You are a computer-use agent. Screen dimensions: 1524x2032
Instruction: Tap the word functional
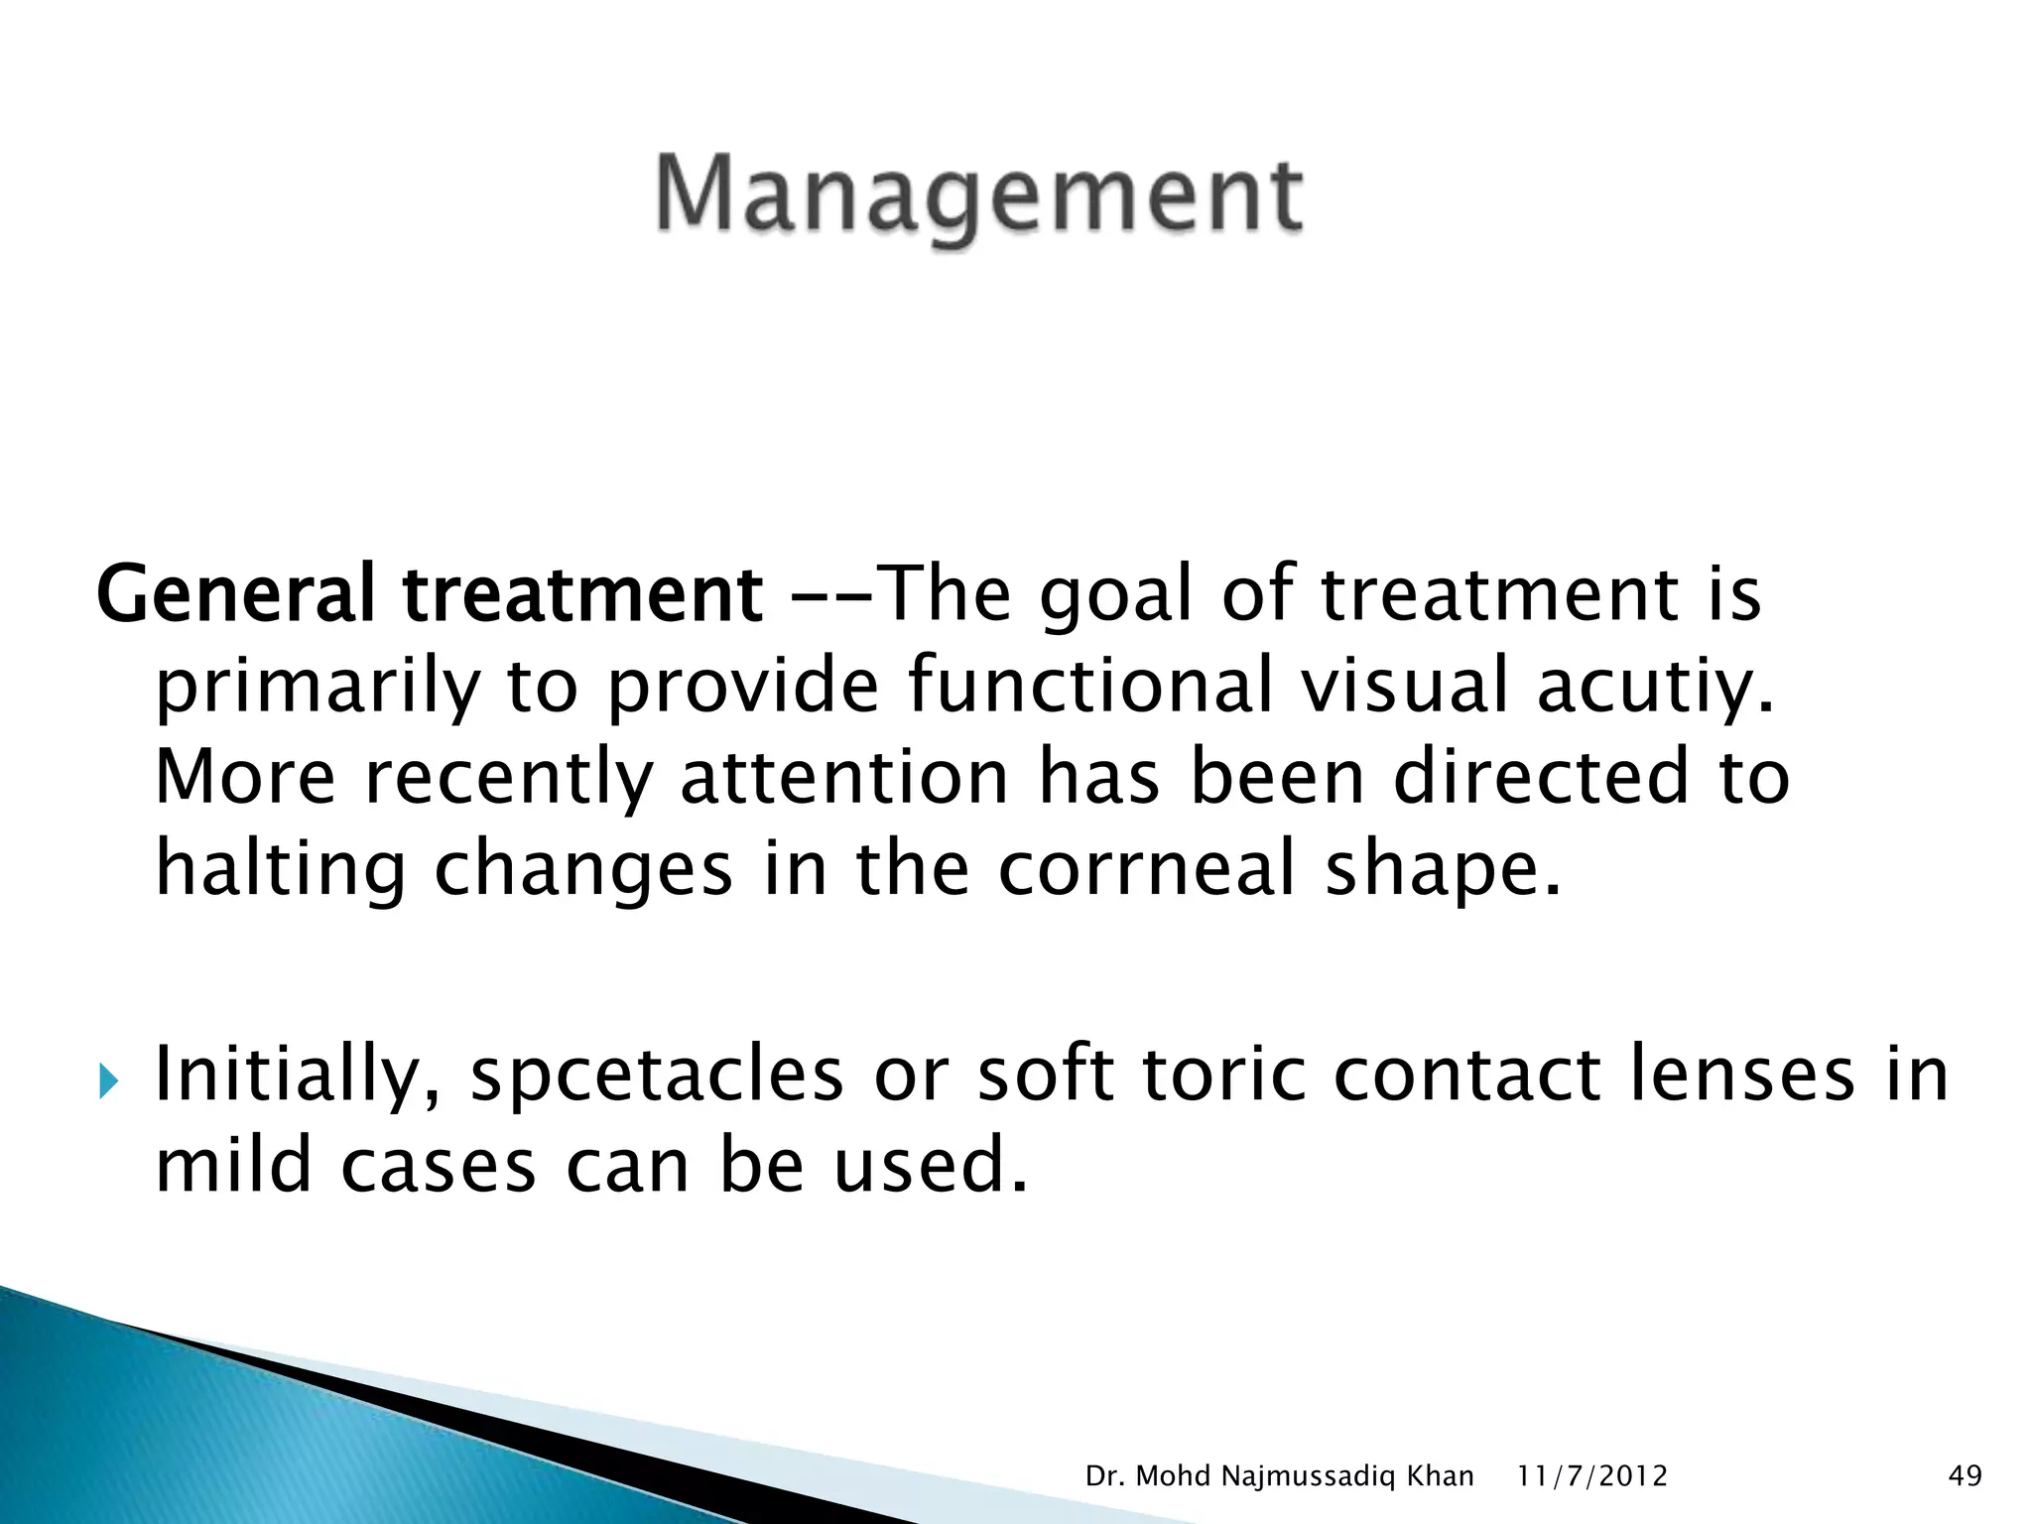coord(1089,685)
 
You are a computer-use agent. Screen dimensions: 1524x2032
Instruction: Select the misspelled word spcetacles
coord(656,1075)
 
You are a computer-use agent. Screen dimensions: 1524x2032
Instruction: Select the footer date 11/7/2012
coord(1592,1476)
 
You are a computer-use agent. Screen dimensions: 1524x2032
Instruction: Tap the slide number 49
coord(1965,1476)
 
